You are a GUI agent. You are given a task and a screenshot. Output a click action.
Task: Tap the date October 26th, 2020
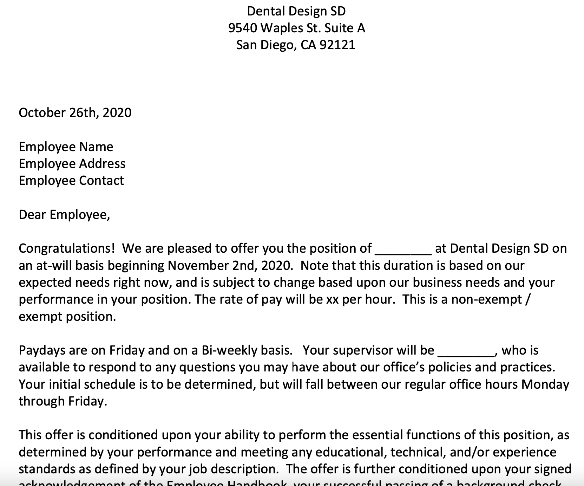point(75,113)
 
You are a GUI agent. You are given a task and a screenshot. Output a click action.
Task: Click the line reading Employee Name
point(66,147)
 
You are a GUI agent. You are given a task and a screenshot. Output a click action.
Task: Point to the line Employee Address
point(72,164)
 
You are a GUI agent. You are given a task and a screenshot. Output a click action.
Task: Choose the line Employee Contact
point(71,181)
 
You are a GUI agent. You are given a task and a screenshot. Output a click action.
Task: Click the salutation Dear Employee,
point(64,215)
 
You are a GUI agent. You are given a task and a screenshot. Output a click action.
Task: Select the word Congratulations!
point(67,249)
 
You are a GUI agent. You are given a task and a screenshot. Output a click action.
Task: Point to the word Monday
point(545,384)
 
